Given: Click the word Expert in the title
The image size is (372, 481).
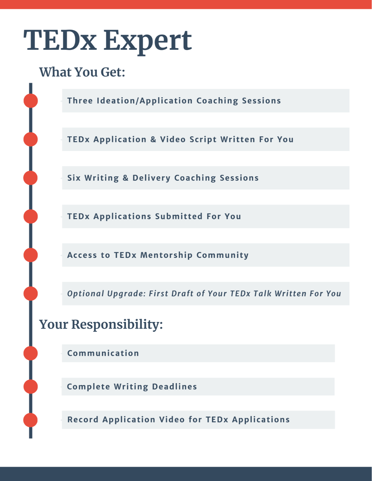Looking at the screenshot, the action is tap(148, 41).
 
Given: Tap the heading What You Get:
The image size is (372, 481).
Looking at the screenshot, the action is tap(82, 72).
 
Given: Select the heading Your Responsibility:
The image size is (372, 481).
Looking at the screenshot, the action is tap(101, 324).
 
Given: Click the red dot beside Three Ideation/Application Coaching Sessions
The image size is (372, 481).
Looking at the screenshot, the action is tap(31, 101).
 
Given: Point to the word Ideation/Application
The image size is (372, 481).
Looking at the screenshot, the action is tap(145, 101).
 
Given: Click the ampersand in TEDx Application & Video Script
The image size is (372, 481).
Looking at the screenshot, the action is tap(153, 139).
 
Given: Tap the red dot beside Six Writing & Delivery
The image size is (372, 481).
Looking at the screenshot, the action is tap(30, 178).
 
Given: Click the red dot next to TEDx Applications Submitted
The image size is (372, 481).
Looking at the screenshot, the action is tap(31, 216).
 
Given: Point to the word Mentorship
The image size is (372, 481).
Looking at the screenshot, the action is tap(166, 255).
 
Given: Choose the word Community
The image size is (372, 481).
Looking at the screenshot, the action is tap(222, 255).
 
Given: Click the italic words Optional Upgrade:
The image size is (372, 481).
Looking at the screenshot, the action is tap(106, 294).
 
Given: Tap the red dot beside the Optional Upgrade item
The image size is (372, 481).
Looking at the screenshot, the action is tap(31, 294).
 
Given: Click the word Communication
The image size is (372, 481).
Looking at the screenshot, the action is tap(103, 353).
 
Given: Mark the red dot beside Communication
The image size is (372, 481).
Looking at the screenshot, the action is tap(31, 353).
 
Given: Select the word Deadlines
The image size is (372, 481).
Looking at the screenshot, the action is tap(174, 386).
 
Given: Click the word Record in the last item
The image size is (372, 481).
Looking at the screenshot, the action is tap(83, 420).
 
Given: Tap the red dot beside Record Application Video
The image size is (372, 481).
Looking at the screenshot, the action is tap(30, 420).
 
